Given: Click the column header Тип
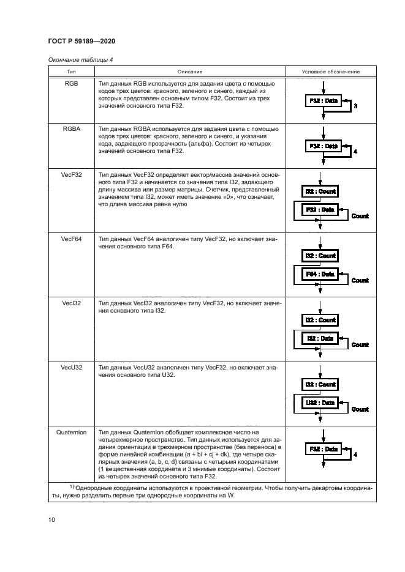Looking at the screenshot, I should pyautogui.click(x=72, y=72).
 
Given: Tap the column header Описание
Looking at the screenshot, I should pyautogui.click(x=190, y=72).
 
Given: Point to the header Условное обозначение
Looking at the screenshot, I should pyautogui.click(x=331, y=72).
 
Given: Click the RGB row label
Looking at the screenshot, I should pyautogui.click(x=72, y=83).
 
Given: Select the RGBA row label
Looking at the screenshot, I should pyautogui.click(x=72, y=129).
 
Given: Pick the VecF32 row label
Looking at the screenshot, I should pyautogui.click(x=72, y=175).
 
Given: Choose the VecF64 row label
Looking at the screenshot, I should pyautogui.click(x=72, y=239).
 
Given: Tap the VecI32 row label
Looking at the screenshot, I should pyautogui.click(x=72, y=303).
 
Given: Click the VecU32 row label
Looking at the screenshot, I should pyautogui.click(x=72, y=368).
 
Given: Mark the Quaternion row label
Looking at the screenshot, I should pyautogui.click(x=72, y=433).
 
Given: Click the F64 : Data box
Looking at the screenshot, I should pyautogui.click(x=320, y=274).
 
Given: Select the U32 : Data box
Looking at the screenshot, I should pyautogui.click(x=320, y=403).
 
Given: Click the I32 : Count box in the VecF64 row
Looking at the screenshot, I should pyautogui.click(x=320, y=256).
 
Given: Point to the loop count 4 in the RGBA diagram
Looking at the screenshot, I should pyautogui.click(x=355, y=151).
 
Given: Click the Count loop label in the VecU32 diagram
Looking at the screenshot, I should pyautogui.click(x=360, y=409).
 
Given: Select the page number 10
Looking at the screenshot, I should pyautogui.click(x=52, y=520).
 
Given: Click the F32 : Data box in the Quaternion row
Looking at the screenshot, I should pyautogui.click(x=322, y=449).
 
